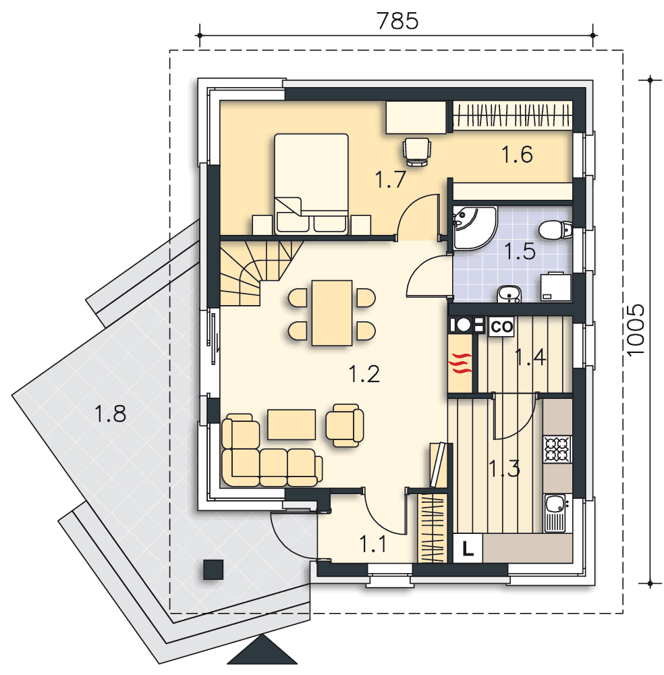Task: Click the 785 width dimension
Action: (x=397, y=21)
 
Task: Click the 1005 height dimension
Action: (x=636, y=330)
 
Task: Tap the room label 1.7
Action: (x=390, y=180)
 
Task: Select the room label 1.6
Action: (x=518, y=154)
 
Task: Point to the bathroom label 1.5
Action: (x=520, y=251)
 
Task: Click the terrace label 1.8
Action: (x=110, y=414)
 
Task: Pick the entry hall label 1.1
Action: (x=372, y=544)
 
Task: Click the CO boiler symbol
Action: (x=502, y=326)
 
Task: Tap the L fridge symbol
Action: (x=468, y=548)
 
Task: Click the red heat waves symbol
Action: (x=460, y=362)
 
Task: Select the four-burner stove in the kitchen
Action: (x=557, y=449)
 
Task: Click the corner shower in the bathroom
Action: (x=473, y=227)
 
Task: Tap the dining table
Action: (x=332, y=313)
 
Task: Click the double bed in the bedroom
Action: (x=311, y=184)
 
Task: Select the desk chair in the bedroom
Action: (x=416, y=151)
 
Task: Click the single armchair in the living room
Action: (x=344, y=425)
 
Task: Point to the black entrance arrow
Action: (x=262, y=650)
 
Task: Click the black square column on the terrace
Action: (x=213, y=570)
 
